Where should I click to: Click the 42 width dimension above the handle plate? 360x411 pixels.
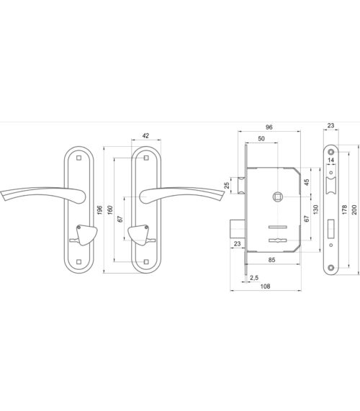click(145, 136)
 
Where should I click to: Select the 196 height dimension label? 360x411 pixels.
click(99, 210)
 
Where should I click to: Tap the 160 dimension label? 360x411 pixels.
click(110, 210)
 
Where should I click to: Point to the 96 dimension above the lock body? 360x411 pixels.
click(269, 127)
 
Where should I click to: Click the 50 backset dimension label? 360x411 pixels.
click(261, 139)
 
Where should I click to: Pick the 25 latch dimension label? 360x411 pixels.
click(227, 185)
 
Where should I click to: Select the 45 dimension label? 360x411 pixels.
click(306, 182)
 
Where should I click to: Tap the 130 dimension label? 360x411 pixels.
click(315, 209)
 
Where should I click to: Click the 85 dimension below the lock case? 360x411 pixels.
click(272, 260)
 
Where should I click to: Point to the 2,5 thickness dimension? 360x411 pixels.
click(254, 278)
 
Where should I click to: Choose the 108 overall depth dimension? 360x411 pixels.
click(265, 286)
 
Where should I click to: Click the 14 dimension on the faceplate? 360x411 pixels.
click(331, 160)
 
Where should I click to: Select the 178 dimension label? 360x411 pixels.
click(345, 209)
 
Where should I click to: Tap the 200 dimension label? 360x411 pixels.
click(354, 209)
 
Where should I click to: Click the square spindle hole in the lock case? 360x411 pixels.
click(277, 197)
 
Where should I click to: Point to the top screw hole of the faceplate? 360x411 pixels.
click(331, 152)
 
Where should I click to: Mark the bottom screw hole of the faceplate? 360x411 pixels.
click(331, 268)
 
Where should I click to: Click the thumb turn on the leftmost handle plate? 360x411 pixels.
click(86, 235)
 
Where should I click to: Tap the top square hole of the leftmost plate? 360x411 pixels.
click(78, 158)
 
